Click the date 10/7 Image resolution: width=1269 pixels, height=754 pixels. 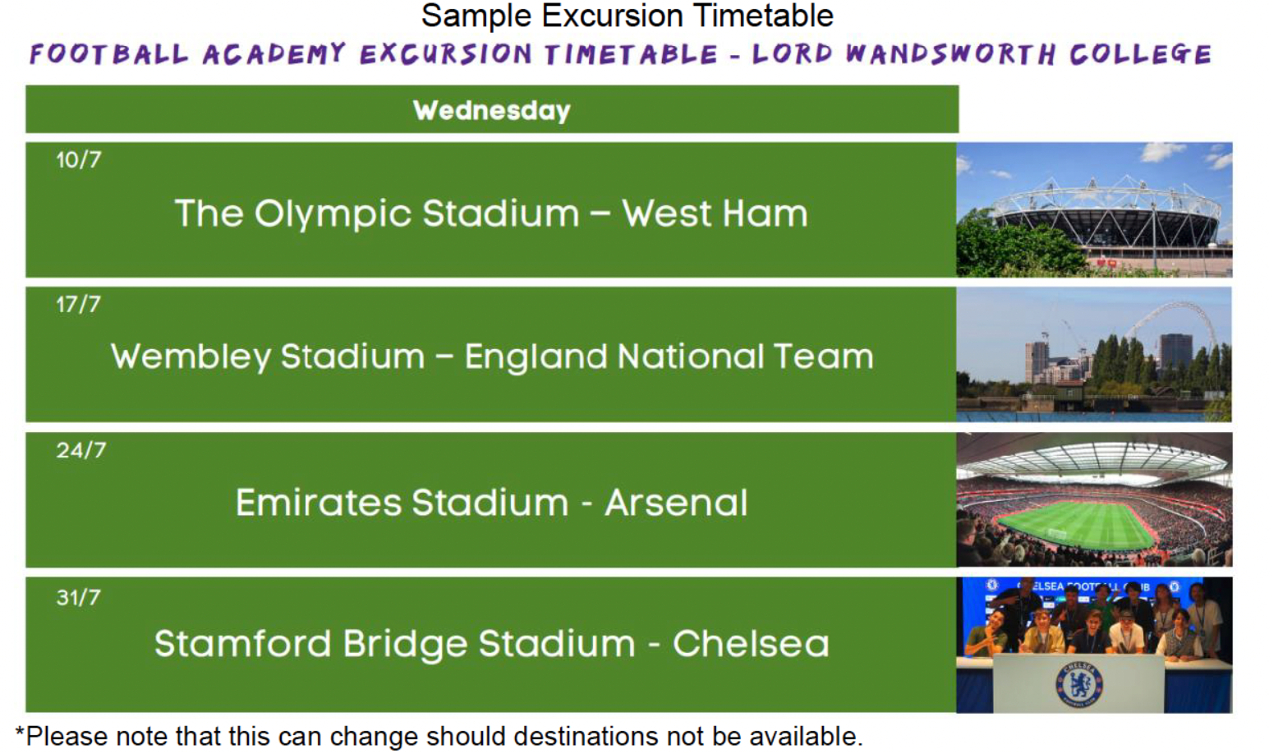click(x=79, y=159)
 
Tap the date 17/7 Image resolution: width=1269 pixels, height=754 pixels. click(x=79, y=305)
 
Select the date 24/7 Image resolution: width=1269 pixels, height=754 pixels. click(x=81, y=450)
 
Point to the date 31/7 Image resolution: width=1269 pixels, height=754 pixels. click(x=79, y=598)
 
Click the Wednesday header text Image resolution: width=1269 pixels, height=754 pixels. click(x=492, y=110)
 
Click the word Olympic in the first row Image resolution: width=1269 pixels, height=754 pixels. click(x=333, y=214)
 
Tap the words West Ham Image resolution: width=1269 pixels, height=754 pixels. click(x=715, y=214)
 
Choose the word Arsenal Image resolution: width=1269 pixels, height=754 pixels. click(x=677, y=503)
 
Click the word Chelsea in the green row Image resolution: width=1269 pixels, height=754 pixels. click(x=752, y=644)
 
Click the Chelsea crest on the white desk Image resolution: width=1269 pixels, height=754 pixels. click(x=1079, y=685)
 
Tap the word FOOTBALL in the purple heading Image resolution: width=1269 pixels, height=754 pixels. click(x=108, y=54)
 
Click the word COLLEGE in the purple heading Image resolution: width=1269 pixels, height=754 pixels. click(x=1140, y=54)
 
